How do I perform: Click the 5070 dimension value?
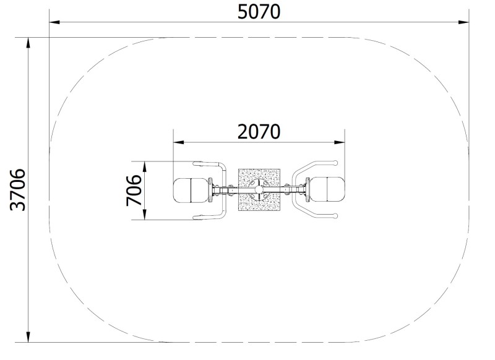(259, 12)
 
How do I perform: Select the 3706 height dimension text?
(18, 190)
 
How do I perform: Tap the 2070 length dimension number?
(259, 132)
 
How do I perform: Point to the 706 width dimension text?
(134, 191)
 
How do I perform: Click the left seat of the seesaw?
(191, 191)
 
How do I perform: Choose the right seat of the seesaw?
(327, 190)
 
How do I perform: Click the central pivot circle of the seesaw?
(259, 190)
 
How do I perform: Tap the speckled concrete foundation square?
(259, 190)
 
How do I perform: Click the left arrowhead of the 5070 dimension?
(54, 22)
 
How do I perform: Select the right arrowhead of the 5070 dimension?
(463, 22)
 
